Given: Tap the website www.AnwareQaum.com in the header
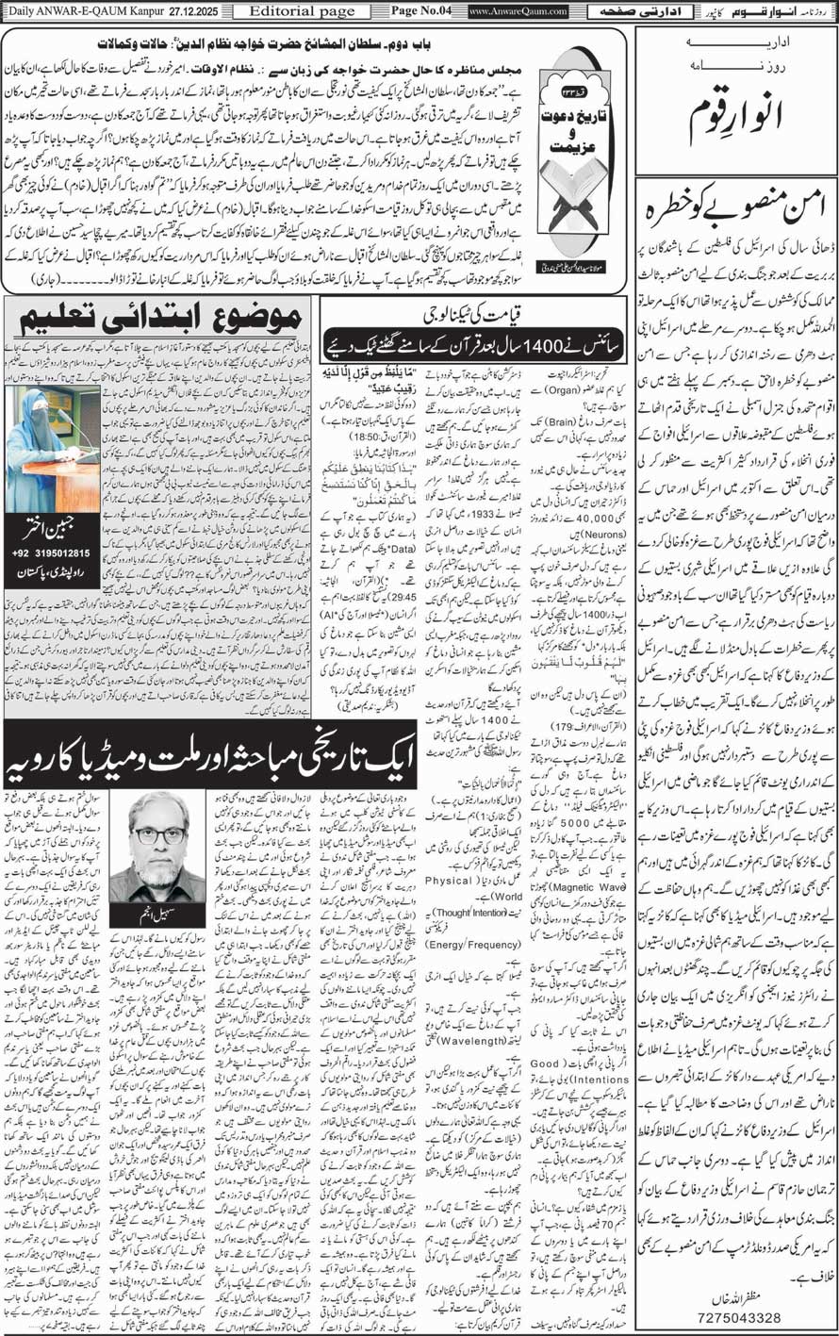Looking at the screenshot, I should [517, 10].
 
